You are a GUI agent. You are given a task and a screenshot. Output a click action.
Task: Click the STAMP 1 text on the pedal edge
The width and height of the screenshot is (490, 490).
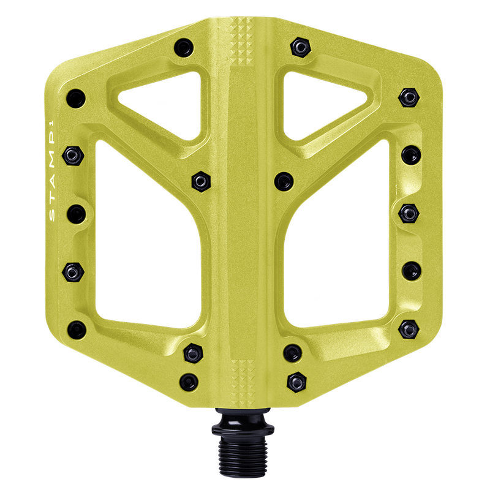click(52, 171)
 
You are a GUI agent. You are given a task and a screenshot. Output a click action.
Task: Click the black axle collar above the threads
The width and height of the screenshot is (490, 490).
click(243, 422)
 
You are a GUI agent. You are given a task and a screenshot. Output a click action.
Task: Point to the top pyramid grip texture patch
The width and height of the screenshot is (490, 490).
click(242, 41)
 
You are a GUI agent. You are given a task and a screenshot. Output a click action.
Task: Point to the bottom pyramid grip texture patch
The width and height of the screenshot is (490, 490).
click(243, 378)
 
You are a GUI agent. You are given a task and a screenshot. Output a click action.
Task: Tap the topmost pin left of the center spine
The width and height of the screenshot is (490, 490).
click(184, 48)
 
